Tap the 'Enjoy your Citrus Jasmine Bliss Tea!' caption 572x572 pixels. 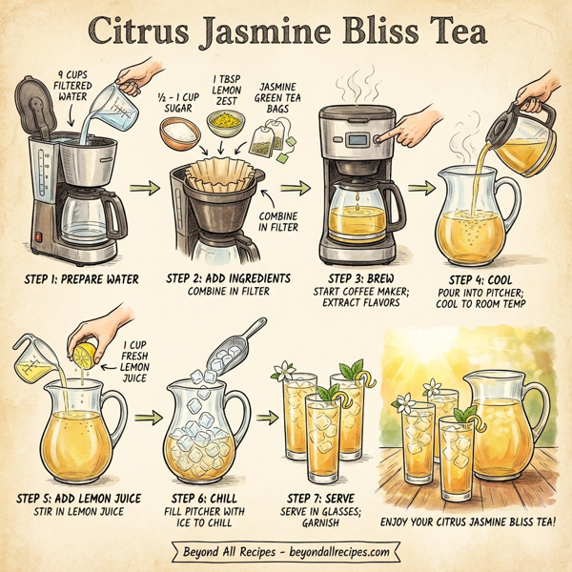tap(469, 521)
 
